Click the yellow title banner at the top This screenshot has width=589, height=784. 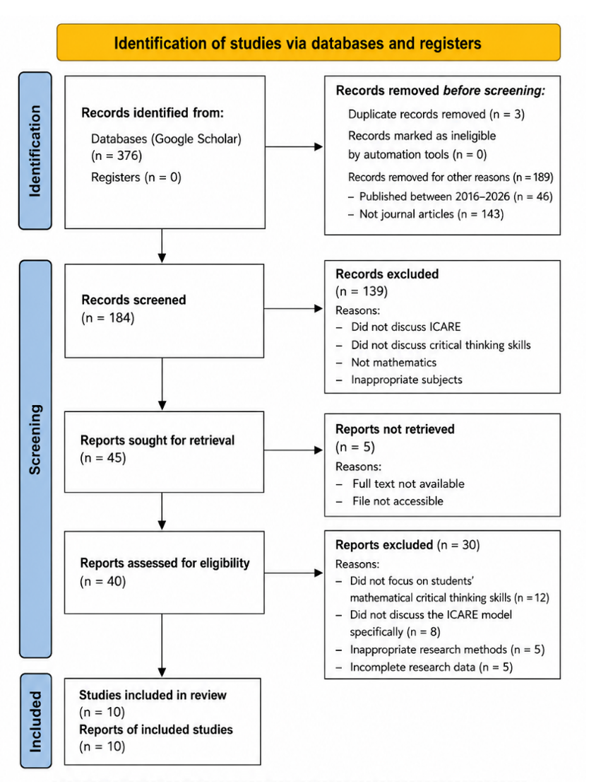click(308, 42)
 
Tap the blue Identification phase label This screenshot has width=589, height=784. click(35, 151)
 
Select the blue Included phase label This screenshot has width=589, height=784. click(35, 721)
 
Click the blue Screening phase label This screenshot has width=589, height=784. click(35, 459)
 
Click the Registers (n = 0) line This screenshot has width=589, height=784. click(136, 177)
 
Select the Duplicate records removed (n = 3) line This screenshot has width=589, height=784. click(436, 114)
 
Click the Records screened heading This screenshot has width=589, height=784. click(133, 300)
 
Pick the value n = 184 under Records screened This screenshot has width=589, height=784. click(108, 318)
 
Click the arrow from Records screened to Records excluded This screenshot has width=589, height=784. click(294, 308)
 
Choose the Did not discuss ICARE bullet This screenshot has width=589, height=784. click(405, 327)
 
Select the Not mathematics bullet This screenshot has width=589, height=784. click(393, 363)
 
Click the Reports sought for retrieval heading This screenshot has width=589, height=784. click(157, 440)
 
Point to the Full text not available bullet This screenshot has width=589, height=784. click(408, 484)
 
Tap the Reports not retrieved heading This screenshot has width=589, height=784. click(395, 429)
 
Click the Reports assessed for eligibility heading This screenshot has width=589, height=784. click(165, 563)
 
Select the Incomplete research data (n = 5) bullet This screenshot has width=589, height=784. click(431, 667)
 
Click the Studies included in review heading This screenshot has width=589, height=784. click(153, 695)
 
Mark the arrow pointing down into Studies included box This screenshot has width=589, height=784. click(162, 645)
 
